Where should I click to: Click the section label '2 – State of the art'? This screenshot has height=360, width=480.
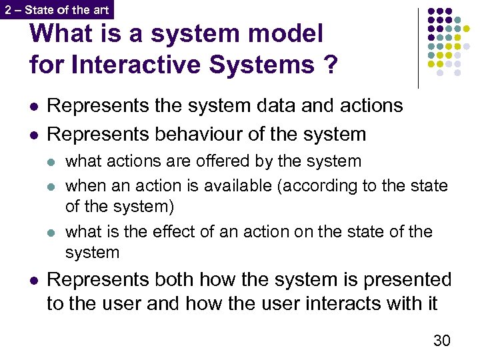coord(56,9)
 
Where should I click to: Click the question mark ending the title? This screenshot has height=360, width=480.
coord(329,65)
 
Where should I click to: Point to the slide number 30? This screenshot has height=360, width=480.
coord(441,341)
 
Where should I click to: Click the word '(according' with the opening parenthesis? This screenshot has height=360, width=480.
coord(311,185)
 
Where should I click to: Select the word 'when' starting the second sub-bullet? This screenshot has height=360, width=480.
coord(83,185)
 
